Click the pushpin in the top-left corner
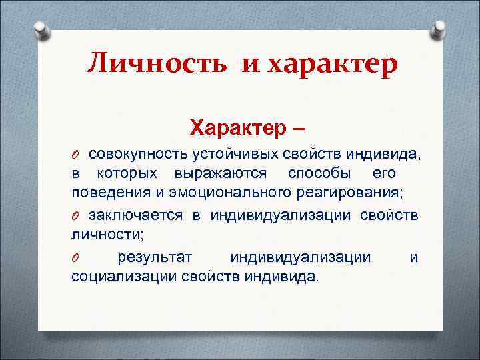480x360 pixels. pyautogui.click(x=41, y=31)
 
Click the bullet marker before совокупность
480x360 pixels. pyautogui.click(x=76, y=155)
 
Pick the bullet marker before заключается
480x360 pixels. pyautogui.click(x=76, y=215)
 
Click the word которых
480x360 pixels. pyautogui.click(x=127, y=173)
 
